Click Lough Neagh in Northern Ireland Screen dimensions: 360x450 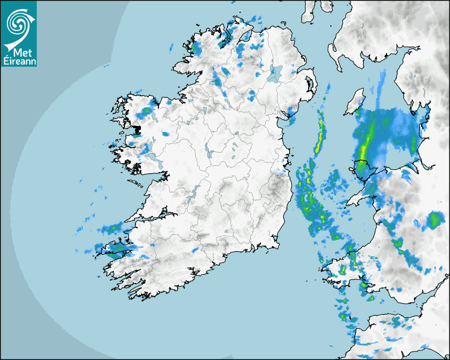tap(275, 73)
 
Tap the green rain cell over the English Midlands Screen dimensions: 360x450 tap(435, 219)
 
